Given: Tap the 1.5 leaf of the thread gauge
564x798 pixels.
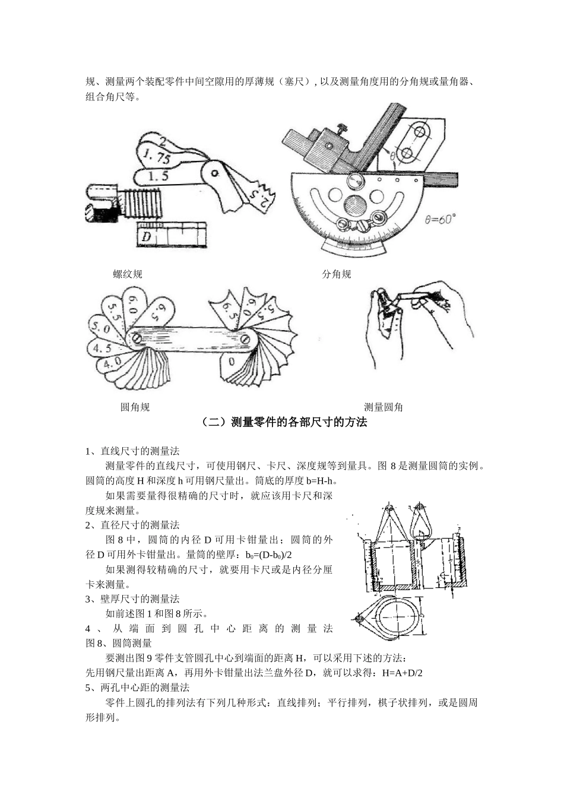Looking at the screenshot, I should (x=157, y=176).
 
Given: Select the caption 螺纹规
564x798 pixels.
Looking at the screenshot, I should (x=128, y=274).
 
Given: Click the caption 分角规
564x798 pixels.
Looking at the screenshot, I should (x=337, y=274).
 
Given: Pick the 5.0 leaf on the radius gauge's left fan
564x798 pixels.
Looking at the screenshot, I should (x=99, y=327).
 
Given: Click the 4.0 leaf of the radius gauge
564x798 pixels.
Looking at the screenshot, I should (x=112, y=361).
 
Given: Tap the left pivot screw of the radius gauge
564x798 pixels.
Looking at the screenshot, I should (x=138, y=338).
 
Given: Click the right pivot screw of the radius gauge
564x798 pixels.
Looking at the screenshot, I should (x=245, y=338).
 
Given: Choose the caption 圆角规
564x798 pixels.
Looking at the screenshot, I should (x=135, y=407).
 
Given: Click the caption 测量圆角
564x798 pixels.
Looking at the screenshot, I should (x=383, y=407).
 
